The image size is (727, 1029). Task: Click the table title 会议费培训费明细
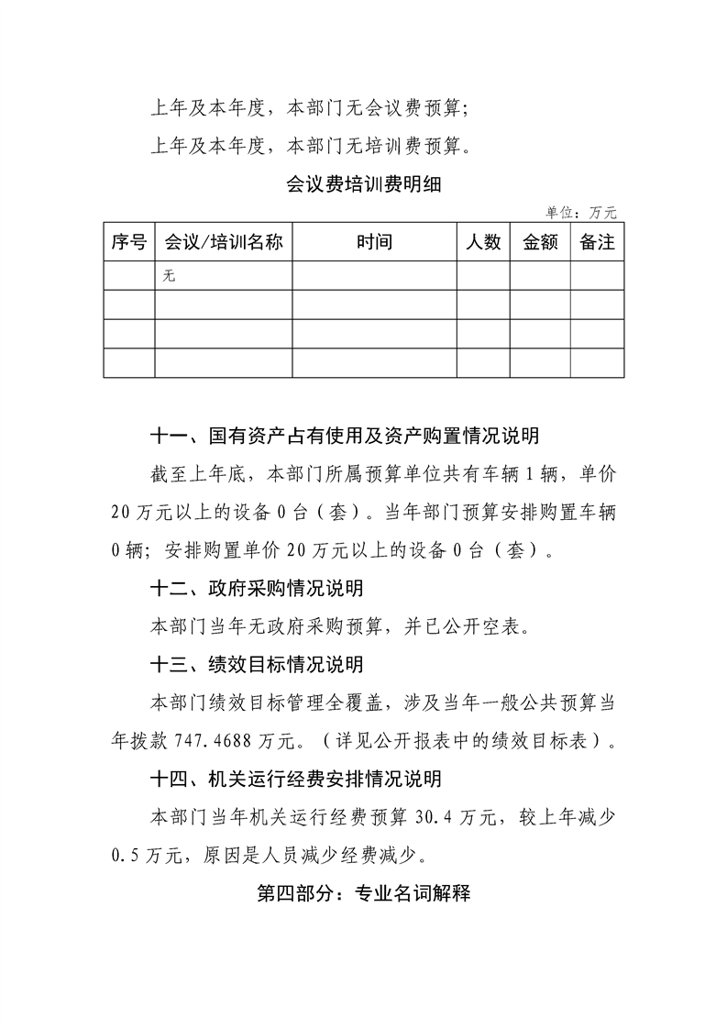click(364, 183)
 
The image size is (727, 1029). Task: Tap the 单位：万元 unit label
click(581, 213)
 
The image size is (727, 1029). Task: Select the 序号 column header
click(128, 242)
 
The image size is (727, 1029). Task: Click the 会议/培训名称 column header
click(223, 242)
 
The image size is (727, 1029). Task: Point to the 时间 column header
click(374, 242)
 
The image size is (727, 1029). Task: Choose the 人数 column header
click(483, 242)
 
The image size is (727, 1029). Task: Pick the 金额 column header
click(540, 242)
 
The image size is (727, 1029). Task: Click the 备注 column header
click(598, 242)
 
